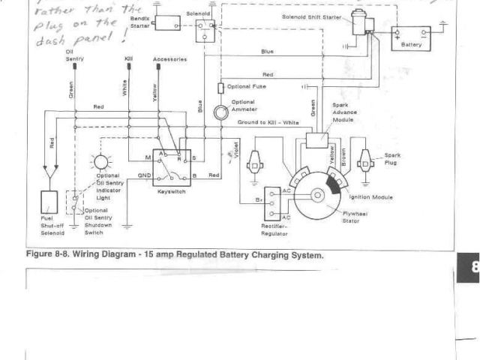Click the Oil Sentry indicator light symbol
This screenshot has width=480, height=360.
pyautogui.click(x=101, y=163)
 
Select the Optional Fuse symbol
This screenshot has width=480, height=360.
pyautogui.click(x=220, y=88)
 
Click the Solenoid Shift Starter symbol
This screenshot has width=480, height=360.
pyautogui.click(x=364, y=25)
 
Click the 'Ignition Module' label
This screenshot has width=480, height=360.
pyautogui.click(x=373, y=196)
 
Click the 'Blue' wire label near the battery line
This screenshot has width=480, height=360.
pyautogui.click(x=267, y=51)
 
